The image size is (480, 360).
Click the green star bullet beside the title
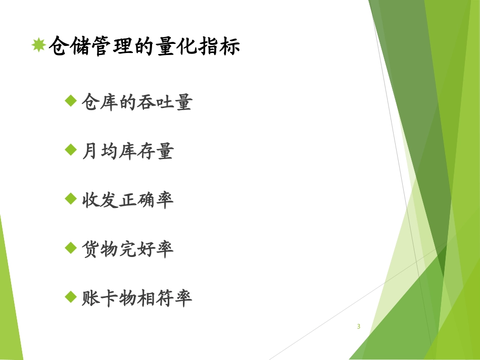point(38,46)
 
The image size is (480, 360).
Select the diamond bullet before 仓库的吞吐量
point(71,101)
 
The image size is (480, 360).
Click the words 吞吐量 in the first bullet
point(164,102)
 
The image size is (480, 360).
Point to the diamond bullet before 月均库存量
point(71,150)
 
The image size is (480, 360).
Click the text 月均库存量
point(127,151)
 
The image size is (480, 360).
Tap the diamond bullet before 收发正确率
point(71,198)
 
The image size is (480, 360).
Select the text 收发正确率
point(127,200)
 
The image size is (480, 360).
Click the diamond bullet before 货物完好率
point(71,247)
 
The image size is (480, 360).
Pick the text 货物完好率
point(127,249)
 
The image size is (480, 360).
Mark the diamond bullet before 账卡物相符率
point(71,296)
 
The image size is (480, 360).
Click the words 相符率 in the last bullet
point(164,298)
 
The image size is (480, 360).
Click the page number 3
point(359,326)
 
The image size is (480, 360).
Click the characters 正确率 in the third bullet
point(146,200)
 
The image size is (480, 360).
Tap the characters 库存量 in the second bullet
point(146,151)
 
